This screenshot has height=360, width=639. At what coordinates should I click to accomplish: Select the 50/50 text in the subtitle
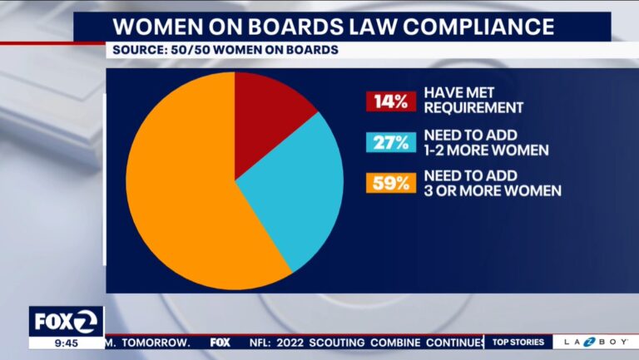pyautogui.click(x=196, y=50)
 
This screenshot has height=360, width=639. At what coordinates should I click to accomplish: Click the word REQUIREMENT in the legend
pyautogui.click(x=473, y=107)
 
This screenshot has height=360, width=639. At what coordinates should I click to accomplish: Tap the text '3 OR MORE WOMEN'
pyautogui.click(x=492, y=191)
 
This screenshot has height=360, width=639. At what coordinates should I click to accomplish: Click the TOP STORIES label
pyautogui.click(x=518, y=342)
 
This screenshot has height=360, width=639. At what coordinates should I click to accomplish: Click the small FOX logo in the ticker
pyautogui.click(x=220, y=342)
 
